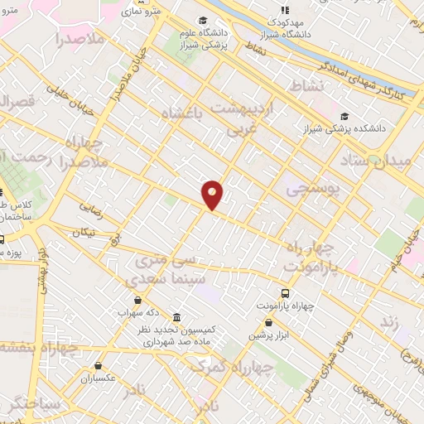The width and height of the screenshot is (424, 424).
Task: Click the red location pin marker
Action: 213,194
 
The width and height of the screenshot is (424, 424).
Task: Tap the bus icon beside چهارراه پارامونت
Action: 286,293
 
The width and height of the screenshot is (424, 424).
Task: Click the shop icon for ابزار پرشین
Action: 269,323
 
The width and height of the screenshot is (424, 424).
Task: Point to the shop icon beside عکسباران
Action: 99,365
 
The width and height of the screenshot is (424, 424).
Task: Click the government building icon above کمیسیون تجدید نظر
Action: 178,317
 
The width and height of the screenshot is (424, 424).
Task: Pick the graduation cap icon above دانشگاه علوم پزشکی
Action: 202,21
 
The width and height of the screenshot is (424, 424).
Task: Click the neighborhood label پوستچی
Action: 312,190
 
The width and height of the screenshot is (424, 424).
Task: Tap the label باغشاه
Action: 181,113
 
